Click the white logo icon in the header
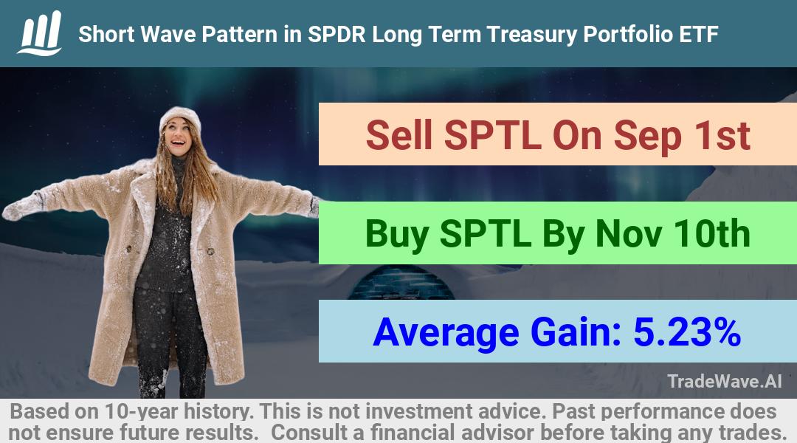[40, 33]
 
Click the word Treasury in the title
[531, 35]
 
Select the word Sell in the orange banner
[399, 135]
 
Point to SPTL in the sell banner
[492, 135]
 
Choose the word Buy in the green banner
[397, 235]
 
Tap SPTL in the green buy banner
[486, 233]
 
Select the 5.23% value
[687, 332]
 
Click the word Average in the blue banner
[446, 333]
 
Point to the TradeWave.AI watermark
[725, 381]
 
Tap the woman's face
[179, 137]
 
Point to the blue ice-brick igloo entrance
[401, 283]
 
